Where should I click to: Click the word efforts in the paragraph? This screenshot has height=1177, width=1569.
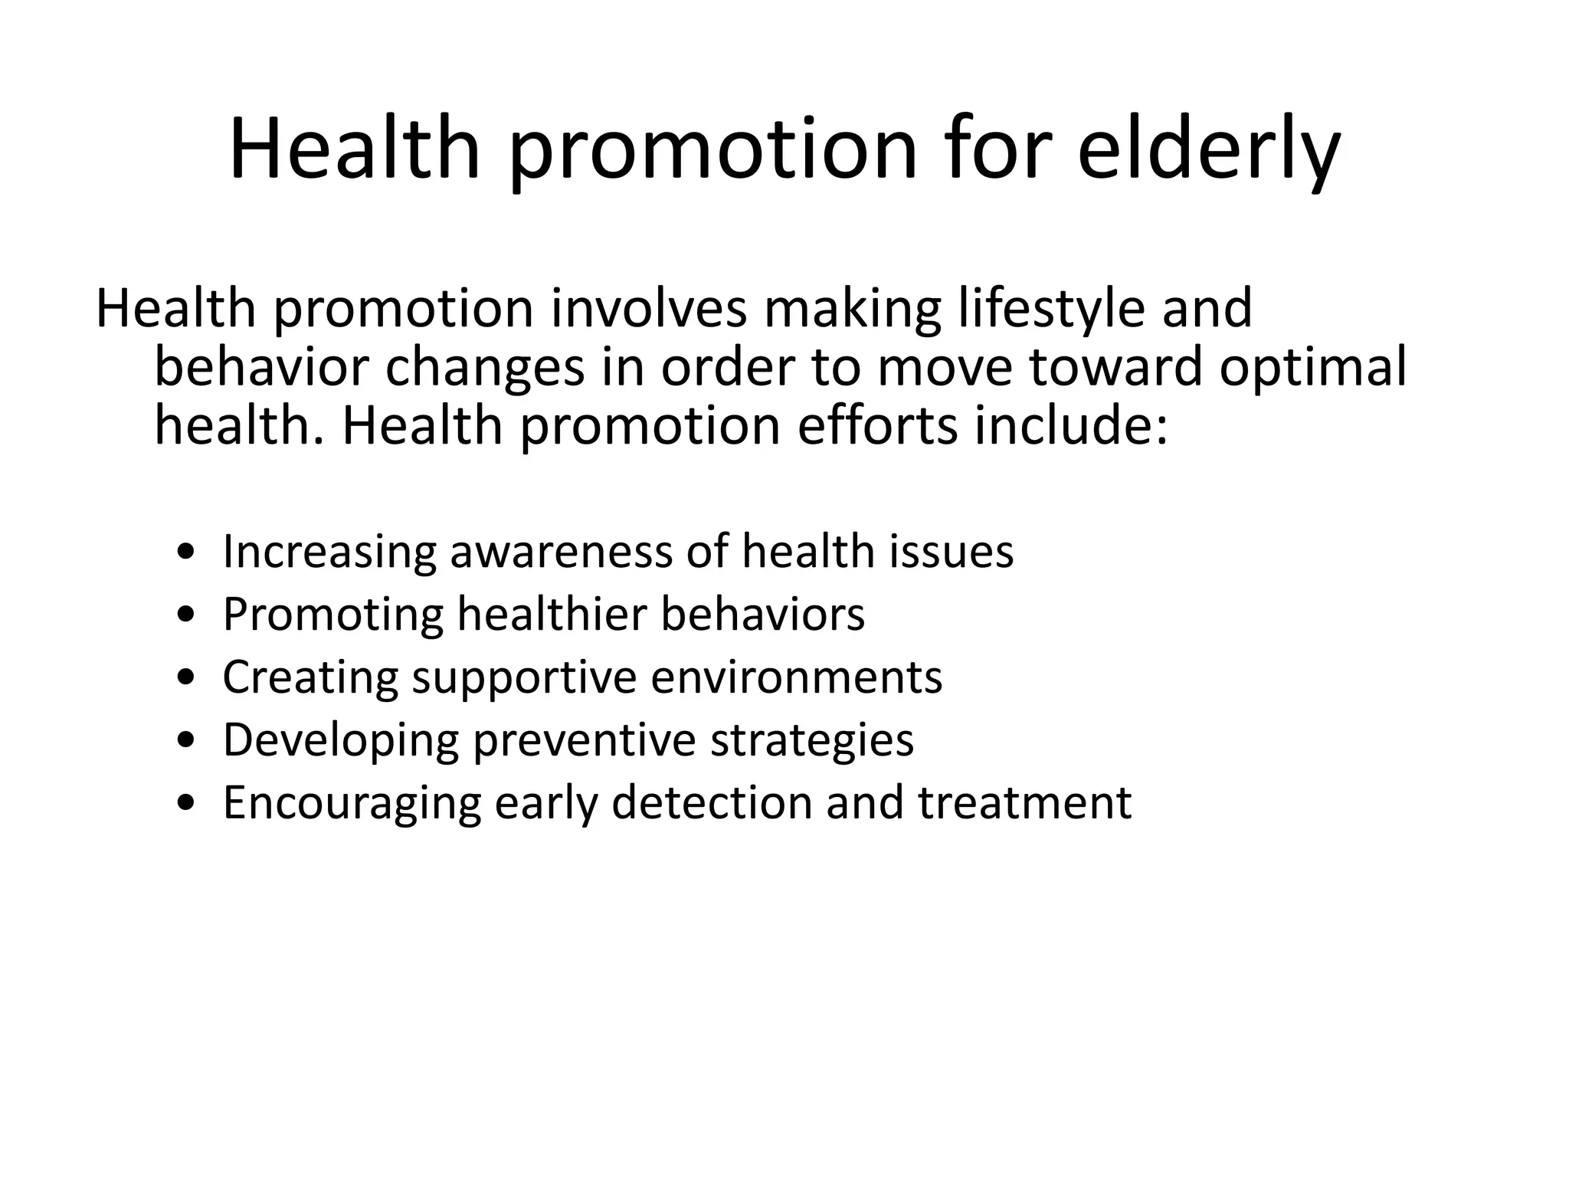(x=877, y=426)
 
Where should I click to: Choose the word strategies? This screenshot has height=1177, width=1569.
(x=812, y=742)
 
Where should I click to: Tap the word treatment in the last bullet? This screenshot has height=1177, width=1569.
(x=1024, y=803)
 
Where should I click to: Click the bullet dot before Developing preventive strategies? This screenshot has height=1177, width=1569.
(x=185, y=741)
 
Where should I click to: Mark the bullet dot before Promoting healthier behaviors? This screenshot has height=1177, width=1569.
(x=185, y=615)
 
